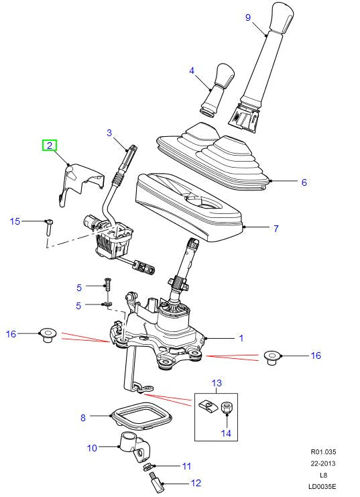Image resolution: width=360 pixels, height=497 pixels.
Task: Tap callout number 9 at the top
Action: [x=247, y=17]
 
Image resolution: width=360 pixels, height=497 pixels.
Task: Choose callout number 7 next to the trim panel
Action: [x=275, y=229]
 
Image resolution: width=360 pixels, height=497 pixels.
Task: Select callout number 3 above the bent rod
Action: [x=109, y=133]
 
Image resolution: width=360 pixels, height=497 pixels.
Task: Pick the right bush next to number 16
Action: [x=272, y=355]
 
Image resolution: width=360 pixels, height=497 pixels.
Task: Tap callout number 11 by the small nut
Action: [x=187, y=465]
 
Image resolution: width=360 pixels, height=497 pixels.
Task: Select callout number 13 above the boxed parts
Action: [x=216, y=383]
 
